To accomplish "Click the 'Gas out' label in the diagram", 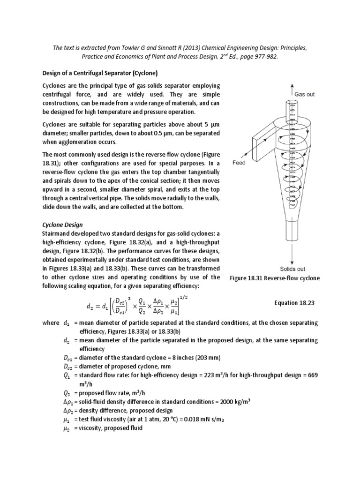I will coord(304,94).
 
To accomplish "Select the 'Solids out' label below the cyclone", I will coord(292,269).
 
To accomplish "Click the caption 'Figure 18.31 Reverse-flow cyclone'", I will coord(274,278).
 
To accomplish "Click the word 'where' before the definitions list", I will coord(51,323).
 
